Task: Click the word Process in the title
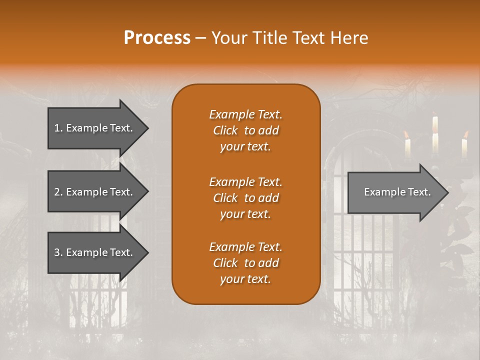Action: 157,38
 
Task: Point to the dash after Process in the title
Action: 200,38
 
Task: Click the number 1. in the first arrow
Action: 58,128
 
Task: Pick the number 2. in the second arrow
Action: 58,192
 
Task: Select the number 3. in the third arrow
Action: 58,252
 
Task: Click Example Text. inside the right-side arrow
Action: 397,192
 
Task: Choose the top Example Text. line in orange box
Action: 245,114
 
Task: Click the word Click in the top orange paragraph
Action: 225,130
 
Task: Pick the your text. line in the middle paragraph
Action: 245,214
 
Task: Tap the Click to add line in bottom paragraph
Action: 245,263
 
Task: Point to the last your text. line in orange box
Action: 245,279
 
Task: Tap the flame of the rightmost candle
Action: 466,134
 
